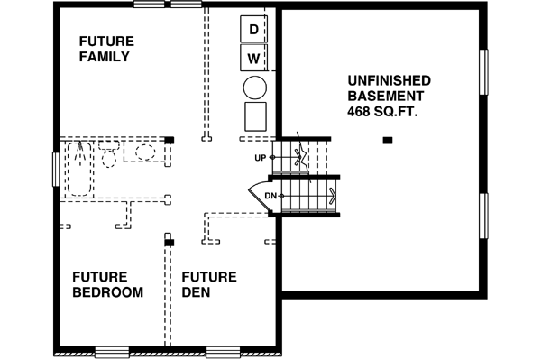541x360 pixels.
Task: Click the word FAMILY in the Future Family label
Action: [x=105, y=57]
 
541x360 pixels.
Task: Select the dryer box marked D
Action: [x=254, y=30]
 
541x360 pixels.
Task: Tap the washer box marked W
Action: [x=254, y=60]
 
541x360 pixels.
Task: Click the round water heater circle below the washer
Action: [x=255, y=88]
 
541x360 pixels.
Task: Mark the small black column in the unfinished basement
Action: [x=388, y=140]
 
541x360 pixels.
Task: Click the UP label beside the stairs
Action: [x=261, y=157]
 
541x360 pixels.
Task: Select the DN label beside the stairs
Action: [x=270, y=195]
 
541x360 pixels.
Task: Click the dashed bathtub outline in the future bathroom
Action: [x=78, y=168]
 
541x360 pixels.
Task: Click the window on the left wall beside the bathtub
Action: [x=57, y=169]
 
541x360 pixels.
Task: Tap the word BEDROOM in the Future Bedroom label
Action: [x=107, y=292]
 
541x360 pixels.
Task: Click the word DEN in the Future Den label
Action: [x=196, y=292]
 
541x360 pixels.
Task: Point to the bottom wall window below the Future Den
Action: [x=223, y=351]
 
